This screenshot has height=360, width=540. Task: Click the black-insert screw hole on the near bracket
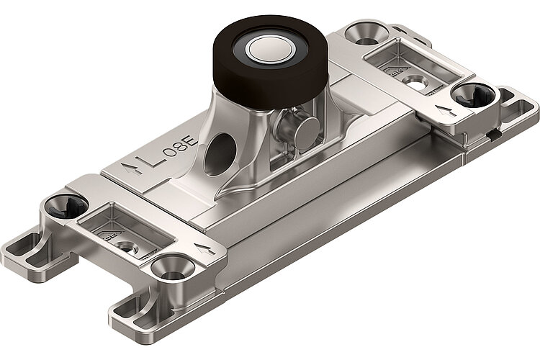63,208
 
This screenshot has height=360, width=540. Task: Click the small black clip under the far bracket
492,132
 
